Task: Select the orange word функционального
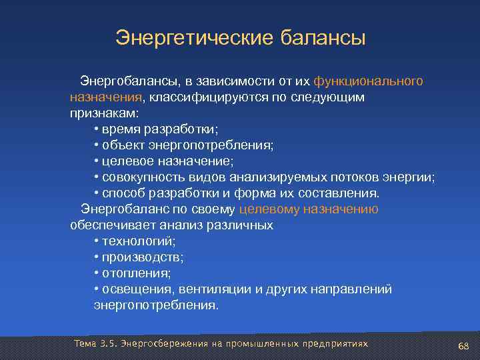click(x=368, y=81)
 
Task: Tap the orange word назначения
click(x=107, y=97)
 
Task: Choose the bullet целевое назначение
click(x=163, y=161)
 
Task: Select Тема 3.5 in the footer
click(x=95, y=343)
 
